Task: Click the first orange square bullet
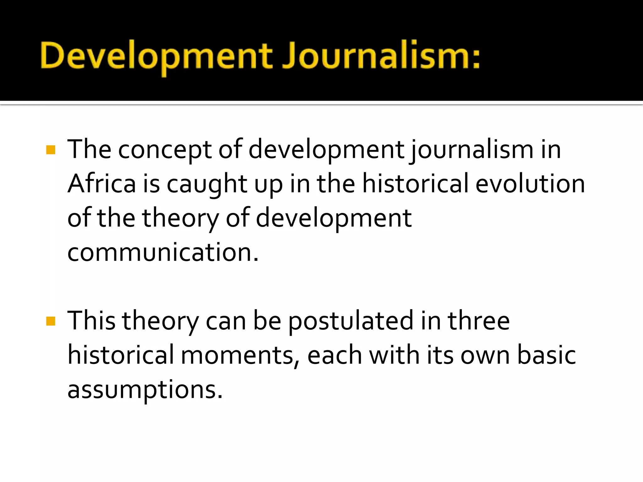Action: (x=51, y=150)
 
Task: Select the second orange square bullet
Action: (x=51, y=321)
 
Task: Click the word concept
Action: (x=165, y=150)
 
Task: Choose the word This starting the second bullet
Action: (x=91, y=321)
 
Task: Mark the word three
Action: (x=478, y=321)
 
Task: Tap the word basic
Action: (x=546, y=355)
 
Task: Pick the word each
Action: (x=334, y=355)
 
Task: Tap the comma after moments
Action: (x=297, y=364)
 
